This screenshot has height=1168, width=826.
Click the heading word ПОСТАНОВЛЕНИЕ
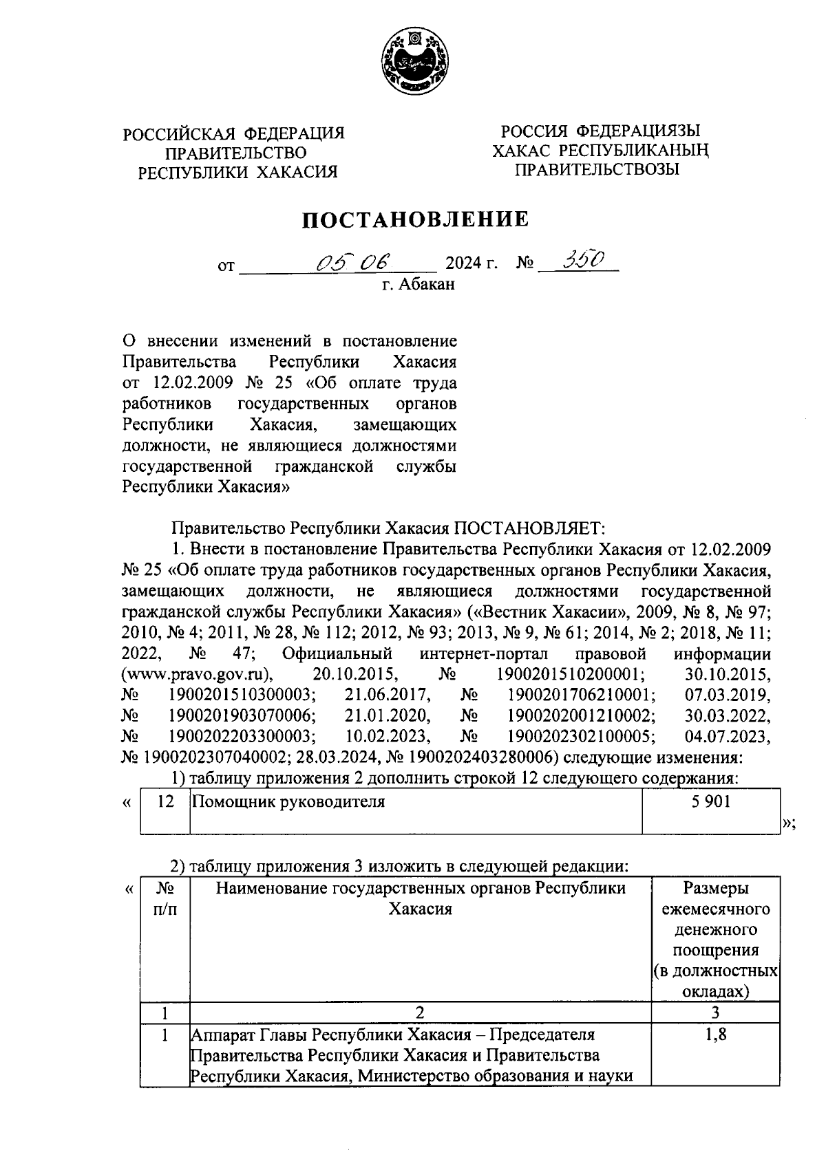coord(416,220)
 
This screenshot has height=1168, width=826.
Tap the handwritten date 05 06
coord(351,261)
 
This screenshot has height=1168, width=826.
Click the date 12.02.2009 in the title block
coord(182,382)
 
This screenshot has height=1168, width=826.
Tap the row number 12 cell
coord(165,801)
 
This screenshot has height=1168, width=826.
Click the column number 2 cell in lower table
coord(420,1012)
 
